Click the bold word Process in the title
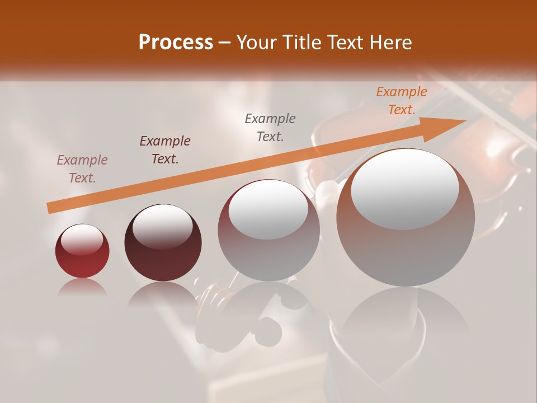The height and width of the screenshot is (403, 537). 176,43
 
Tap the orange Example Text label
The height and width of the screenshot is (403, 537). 401,101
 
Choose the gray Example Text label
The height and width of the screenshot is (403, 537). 270,127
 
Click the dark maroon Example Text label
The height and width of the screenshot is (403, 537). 165,149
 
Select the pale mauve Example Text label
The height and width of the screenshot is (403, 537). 82,168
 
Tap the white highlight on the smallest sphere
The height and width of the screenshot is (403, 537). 82,240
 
